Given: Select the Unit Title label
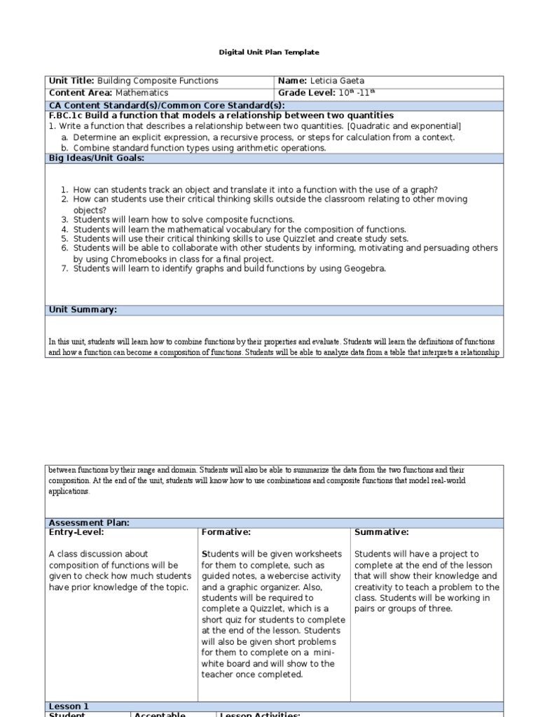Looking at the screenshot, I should (71, 81).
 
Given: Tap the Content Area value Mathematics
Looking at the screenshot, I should (142, 92).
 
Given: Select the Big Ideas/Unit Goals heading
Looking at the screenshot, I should (97, 158).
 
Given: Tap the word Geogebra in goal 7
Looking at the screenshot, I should (364, 268).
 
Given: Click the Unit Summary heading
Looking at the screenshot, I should (83, 309).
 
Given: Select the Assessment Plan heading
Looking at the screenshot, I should (89, 522).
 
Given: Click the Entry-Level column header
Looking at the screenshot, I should (74, 533).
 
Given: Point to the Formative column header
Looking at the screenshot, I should (226, 533).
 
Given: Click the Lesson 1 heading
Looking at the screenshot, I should (69, 706).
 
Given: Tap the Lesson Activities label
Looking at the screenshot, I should (260, 715).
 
